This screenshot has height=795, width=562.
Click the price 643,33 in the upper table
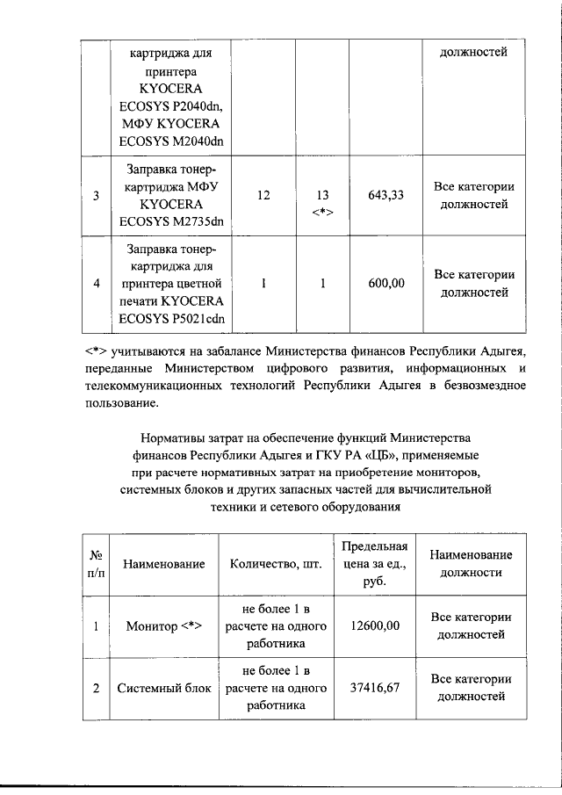[x=385, y=196]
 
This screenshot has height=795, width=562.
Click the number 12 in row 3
[x=263, y=196]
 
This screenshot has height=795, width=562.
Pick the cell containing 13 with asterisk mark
[x=323, y=203]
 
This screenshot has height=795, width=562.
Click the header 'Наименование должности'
[x=472, y=563]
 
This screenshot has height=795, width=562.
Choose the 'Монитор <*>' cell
[x=164, y=625]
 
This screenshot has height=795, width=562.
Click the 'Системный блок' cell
[x=164, y=688]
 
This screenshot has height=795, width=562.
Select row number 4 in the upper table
[x=96, y=284]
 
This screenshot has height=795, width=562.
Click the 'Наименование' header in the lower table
[x=164, y=563]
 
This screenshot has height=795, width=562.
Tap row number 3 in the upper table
[x=96, y=196]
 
